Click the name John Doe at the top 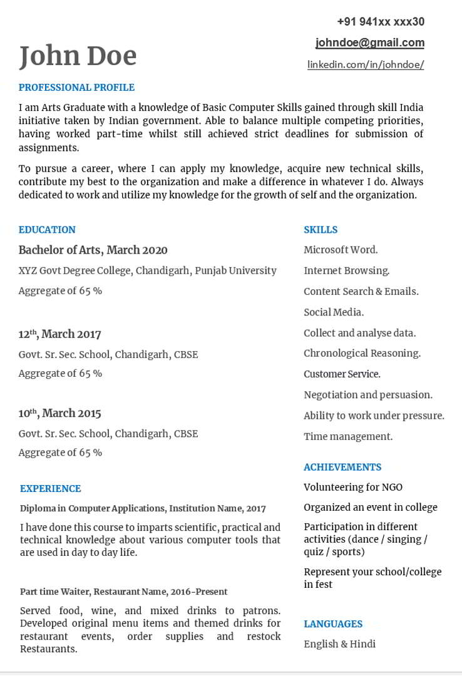coord(78,56)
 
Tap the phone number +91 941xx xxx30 coord(381,22)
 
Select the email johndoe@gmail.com coord(370,43)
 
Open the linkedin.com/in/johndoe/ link coord(366,64)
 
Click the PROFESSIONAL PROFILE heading coord(76,88)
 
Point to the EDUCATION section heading coord(47,230)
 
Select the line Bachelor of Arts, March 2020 coord(93,250)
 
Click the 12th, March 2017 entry coord(59,334)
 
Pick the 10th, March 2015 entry coord(59,413)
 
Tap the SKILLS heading coord(321,230)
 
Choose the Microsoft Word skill coord(341,250)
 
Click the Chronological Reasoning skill coord(362,354)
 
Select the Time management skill coord(348,437)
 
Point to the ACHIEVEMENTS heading coord(342,467)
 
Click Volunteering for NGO coord(353,487)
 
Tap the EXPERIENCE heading coord(50,489)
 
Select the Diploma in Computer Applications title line coord(143,509)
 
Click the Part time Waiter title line coord(123,591)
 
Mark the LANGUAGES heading coord(333,624)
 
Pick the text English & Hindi coord(339,644)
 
